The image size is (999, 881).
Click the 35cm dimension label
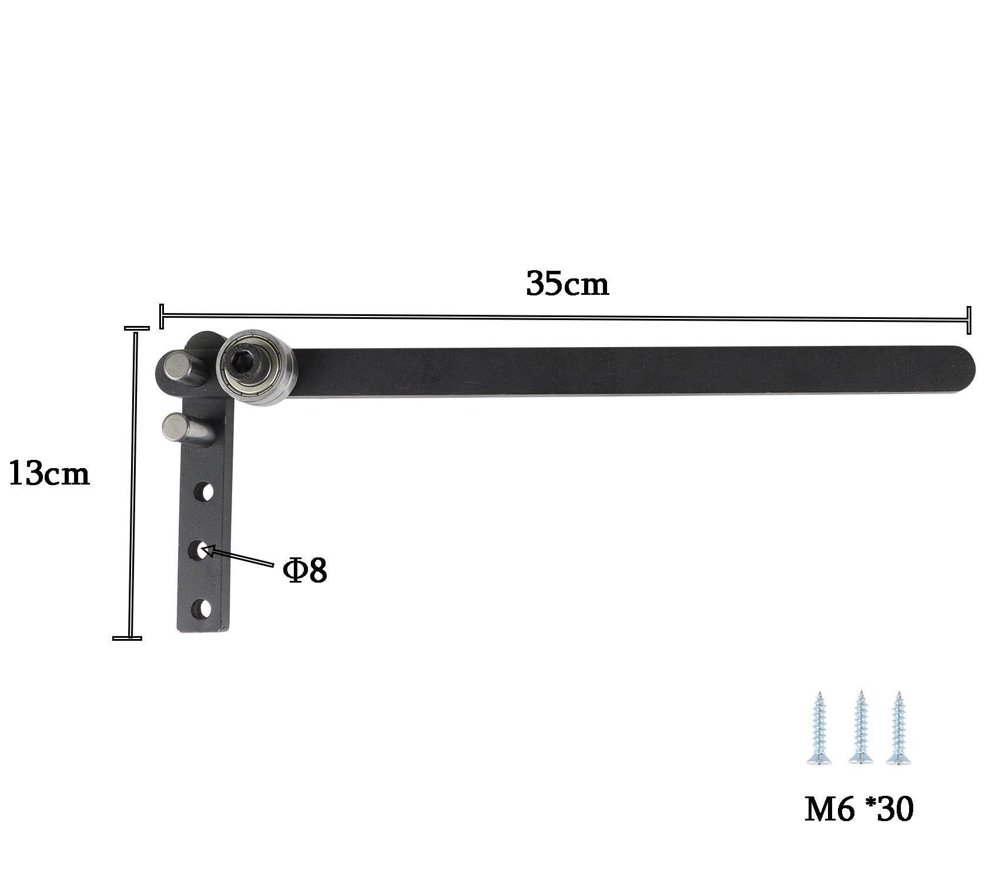(568, 284)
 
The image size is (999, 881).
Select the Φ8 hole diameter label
(304, 570)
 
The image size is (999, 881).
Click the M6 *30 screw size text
(859, 809)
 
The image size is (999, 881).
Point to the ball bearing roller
(256, 368)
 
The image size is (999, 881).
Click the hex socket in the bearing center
(242, 366)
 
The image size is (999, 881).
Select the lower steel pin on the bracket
(187, 428)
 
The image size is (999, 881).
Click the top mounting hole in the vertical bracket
(203, 492)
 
